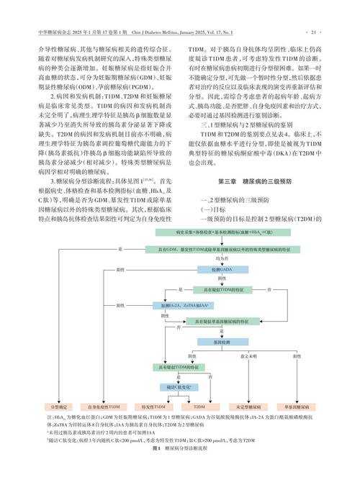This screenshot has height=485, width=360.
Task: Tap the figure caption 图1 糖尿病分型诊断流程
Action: (x=180, y=448)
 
